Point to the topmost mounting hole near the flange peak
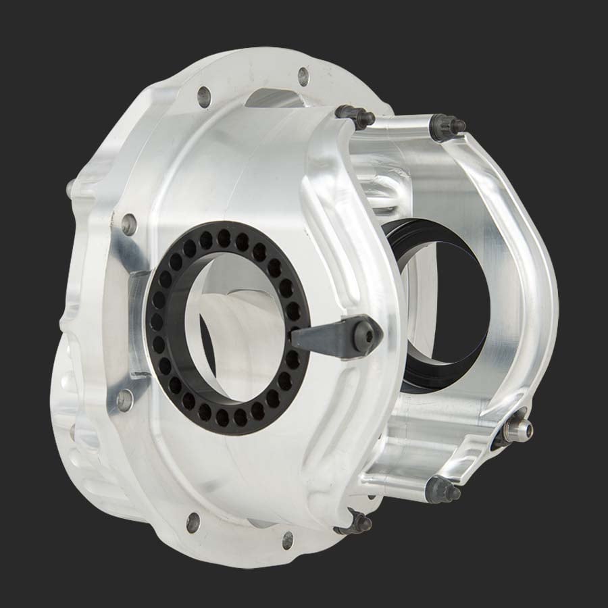pyautogui.click(x=303, y=76)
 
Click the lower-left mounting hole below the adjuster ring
pyautogui.click(x=125, y=400)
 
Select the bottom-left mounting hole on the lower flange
pyautogui.click(x=193, y=521)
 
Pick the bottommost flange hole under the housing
pyautogui.click(x=288, y=540)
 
